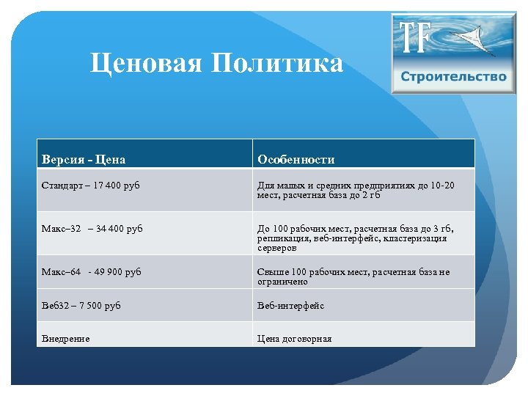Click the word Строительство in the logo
tap(454, 77)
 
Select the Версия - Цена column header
tap(84, 159)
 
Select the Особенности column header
tap(296, 159)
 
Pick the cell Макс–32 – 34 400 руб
tap(92, 229)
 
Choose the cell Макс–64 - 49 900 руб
tap(92, 272)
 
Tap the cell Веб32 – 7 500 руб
tap(81, 305)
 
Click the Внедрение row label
tap(66, 338)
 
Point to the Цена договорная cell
tap(294, 338)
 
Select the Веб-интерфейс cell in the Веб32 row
tap(290, 305)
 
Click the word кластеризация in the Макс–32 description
tap(414, 238)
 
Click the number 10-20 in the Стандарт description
tap(443, 186)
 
